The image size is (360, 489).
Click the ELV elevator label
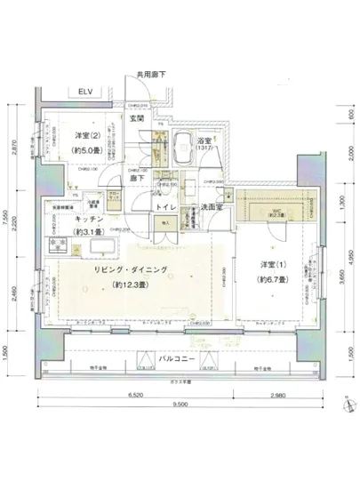point(85,91)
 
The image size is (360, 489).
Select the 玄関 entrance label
point(138,118)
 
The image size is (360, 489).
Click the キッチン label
point(91,218)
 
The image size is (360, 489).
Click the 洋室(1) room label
point(273,266)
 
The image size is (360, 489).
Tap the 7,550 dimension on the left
point(7,219)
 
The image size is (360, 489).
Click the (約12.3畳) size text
point(130,285)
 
